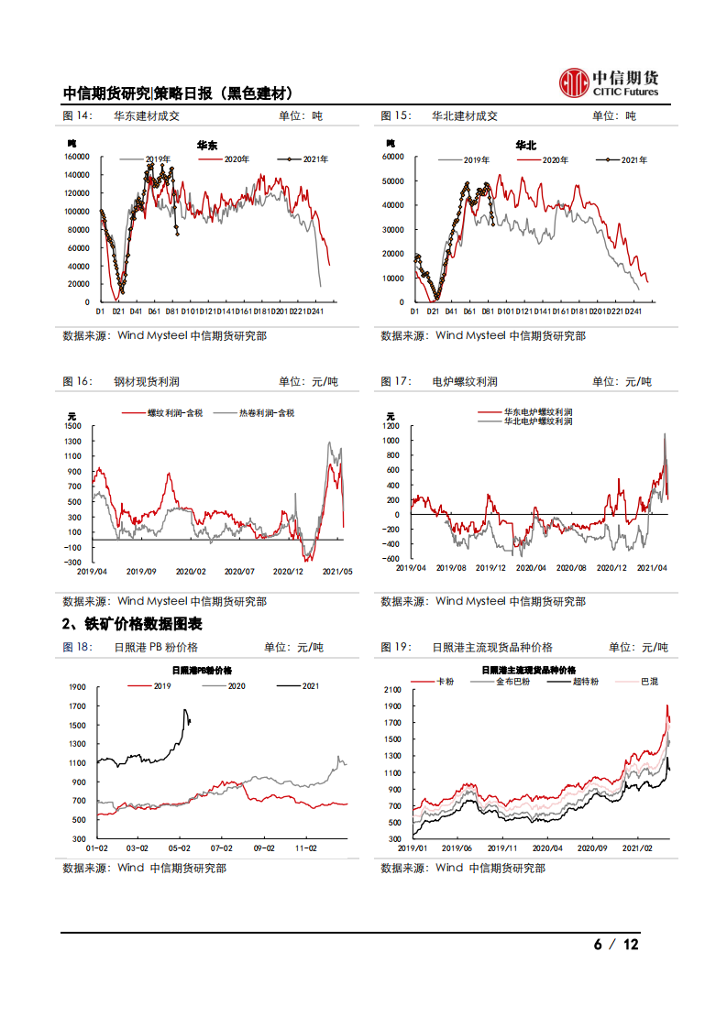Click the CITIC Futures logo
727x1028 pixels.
[x=609, y=83]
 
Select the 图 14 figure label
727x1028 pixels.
[x=77, y=116]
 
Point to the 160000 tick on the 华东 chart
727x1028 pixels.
[x=76, y=156]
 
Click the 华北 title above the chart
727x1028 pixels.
[x=525, y=146]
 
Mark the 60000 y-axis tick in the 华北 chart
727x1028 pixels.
[x=393, y=157]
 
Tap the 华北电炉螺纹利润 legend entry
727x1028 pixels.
[x=537, y=421]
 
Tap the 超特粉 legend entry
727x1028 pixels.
[x=585, y=682]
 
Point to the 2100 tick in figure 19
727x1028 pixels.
[x=392, y=689]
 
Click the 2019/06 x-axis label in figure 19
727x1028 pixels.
[x=458, y=848]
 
